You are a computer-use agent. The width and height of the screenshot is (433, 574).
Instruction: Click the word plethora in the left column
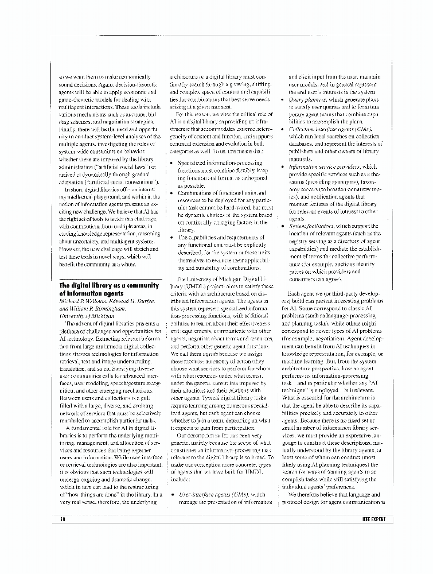[74, 331]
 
